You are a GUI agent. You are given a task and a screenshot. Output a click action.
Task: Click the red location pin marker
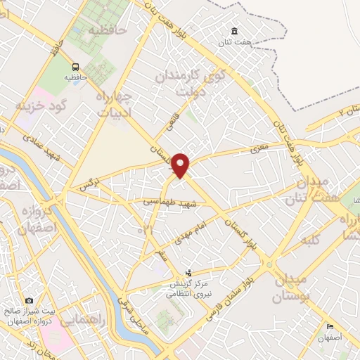click(181, 165)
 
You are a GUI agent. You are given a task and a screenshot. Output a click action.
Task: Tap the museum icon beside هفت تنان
click(233, 31)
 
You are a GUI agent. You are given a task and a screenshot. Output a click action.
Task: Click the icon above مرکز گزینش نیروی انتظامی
click(188, 273)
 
